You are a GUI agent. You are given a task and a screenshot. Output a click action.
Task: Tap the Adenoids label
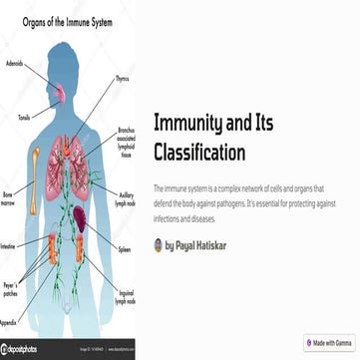(15, 62)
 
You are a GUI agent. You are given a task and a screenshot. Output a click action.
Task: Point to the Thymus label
(122, 77)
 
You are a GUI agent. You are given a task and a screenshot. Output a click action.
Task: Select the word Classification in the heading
(199, 152)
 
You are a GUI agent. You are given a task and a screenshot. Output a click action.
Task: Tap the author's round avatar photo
(159, 244)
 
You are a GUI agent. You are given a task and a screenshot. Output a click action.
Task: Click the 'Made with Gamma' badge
(328, 343)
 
